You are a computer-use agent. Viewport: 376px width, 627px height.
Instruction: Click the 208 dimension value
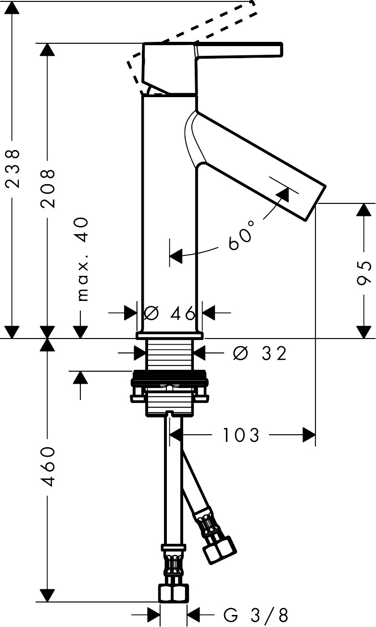(x=48, y=188)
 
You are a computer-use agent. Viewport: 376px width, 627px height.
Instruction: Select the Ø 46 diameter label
(x=170, y=313)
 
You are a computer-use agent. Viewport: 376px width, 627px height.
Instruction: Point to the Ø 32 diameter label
(x=260, y=353)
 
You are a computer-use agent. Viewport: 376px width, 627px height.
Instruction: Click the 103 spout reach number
(x=241, y=436)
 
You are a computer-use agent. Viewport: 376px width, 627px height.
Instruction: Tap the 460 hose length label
(x=48, y=466)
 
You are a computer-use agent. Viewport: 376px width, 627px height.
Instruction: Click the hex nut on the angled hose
(x=220, y=548)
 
